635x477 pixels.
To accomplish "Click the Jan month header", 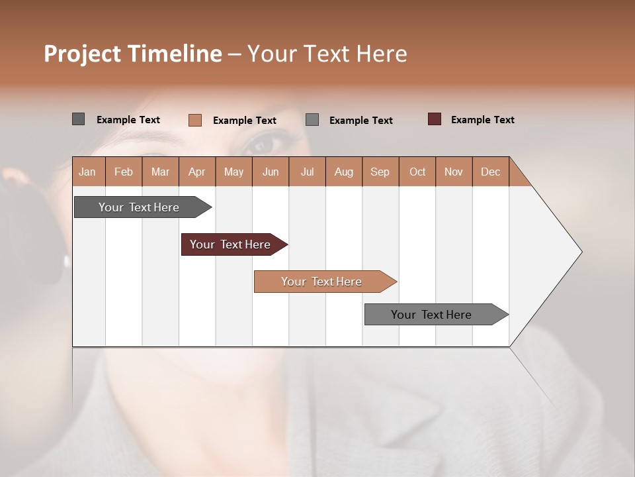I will pos(88,172).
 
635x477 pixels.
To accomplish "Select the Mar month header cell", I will pos(160,172).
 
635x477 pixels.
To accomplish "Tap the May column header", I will pos(233,172).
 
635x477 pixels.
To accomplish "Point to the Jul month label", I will pos(307,172).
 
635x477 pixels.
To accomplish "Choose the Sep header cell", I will pos(380,172).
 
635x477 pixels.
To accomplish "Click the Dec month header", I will pos(490,172).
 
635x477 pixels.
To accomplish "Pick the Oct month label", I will pos(417,172).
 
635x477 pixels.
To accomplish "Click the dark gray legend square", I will pos(78,119).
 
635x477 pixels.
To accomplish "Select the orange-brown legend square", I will pos(195,120).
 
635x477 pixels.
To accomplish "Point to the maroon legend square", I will pos(435,119).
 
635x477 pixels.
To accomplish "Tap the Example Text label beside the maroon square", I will pos(482,120).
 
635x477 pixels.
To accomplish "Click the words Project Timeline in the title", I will pos(133,54).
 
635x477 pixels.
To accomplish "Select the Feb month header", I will pos(124,172).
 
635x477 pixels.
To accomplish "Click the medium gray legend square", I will pos(312,120).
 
